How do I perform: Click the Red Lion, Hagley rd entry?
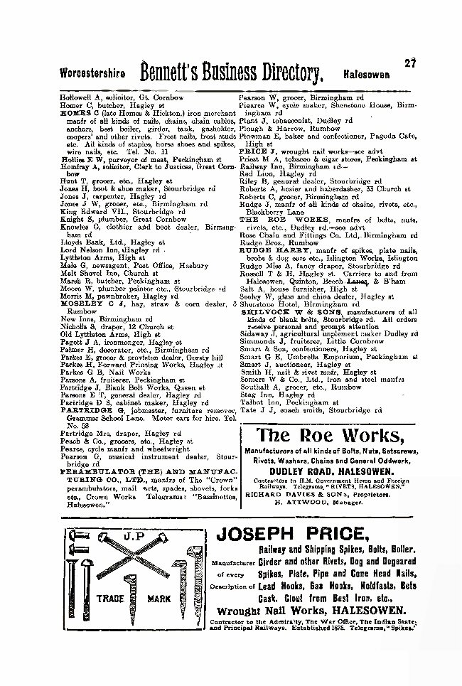click(267, 172)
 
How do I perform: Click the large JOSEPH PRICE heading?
click(307, 535)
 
